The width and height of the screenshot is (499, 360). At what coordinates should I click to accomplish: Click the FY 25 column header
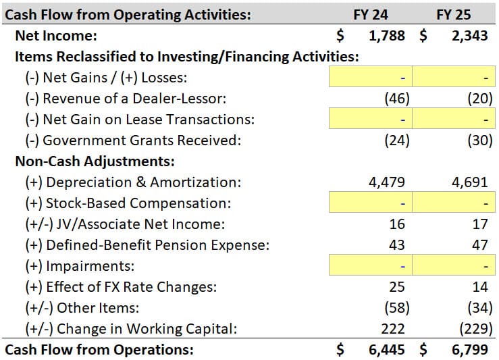point(454,14)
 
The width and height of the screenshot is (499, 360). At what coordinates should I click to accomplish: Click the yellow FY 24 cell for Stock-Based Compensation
point(370,203)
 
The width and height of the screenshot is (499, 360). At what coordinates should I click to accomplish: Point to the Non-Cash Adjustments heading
point(95,161)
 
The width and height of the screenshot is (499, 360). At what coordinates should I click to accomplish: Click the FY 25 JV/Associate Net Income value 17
point(479,224)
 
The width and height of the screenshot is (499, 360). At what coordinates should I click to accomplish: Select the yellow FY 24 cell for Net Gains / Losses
point(370,78)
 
